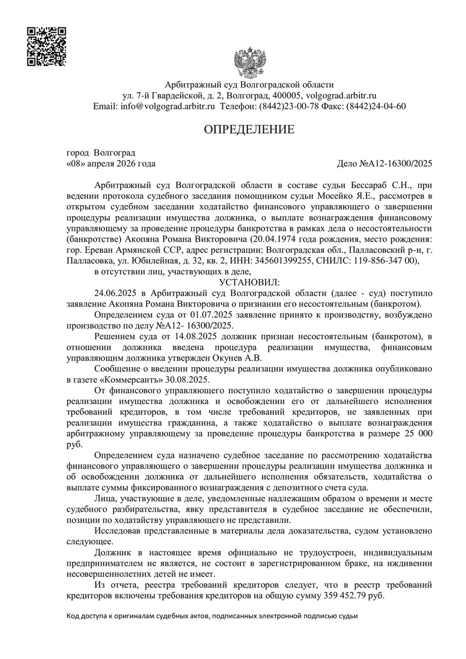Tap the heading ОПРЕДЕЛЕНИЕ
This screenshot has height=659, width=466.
249,129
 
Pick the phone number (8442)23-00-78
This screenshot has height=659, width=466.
284,107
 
